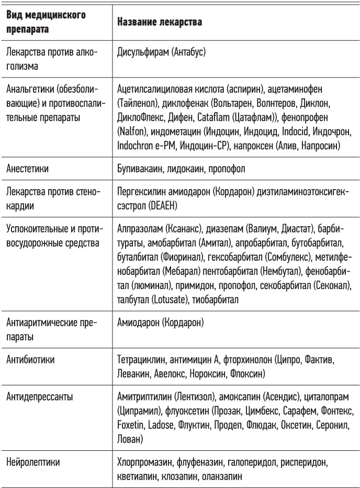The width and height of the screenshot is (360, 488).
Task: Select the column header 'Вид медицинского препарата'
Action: (46, 23)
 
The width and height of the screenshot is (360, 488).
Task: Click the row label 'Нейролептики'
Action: (32, 463)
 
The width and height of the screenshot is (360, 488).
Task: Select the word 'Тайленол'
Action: (139, 104)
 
